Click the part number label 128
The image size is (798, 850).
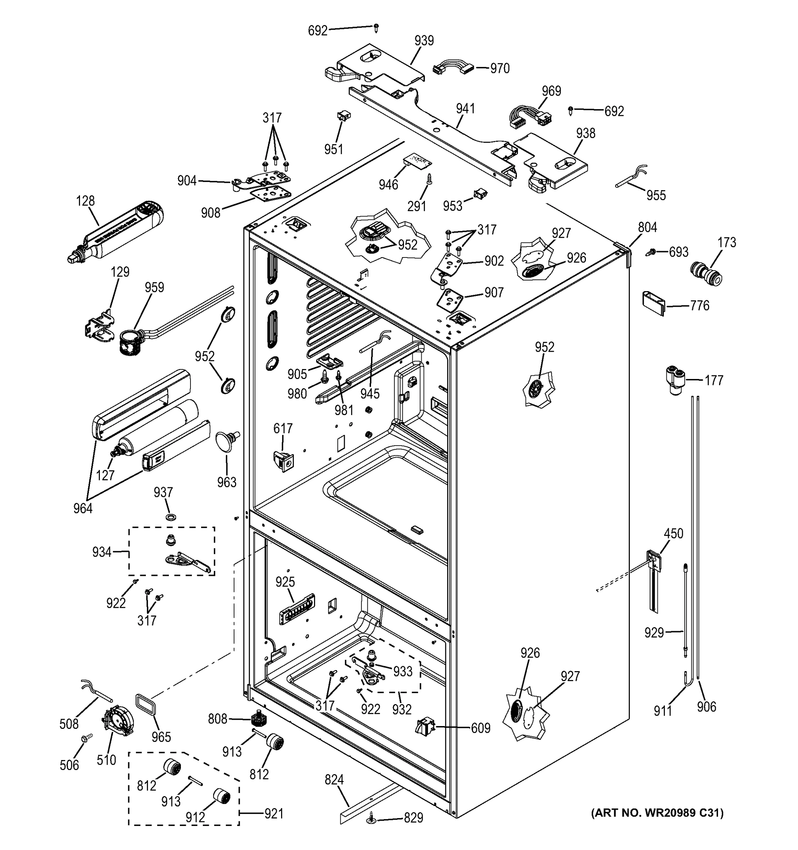(x=85, y=200)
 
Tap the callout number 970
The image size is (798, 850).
(x=500, y=68)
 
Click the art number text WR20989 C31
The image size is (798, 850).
(x=657, y=812)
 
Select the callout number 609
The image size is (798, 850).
(x=480, y=727)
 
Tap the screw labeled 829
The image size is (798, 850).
(x=370, y=818)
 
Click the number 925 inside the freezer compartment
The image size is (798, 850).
(x=285, y=582)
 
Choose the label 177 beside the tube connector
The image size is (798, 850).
(x=713, y=380)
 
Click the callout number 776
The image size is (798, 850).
(x=699, y=305)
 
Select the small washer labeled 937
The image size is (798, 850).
(x=171, y=518)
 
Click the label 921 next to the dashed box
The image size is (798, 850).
(x=274, y=813)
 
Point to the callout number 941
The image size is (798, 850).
(x=465, y=109)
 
